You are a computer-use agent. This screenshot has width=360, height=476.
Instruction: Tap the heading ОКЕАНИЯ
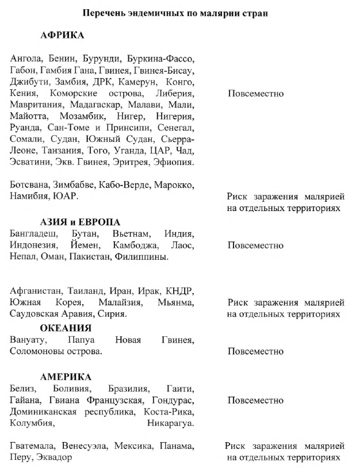(66, 328)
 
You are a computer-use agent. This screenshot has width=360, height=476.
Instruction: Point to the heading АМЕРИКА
(66, 377)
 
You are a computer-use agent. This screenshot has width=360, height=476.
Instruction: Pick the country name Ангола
(26, 59)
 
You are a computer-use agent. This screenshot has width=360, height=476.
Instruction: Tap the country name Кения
(22, 94)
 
